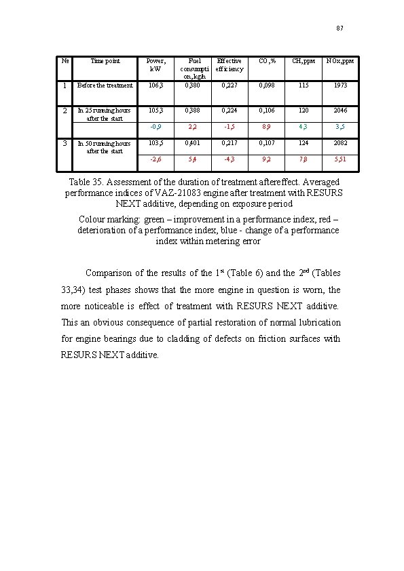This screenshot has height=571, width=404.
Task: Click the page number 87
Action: coord(340,28)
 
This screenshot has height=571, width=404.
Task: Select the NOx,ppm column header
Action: coord(339,61)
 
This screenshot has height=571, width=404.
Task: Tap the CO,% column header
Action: coord(267,61)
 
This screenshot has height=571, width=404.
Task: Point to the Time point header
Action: coord(105,61)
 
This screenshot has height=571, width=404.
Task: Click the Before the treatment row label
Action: coord(105,85)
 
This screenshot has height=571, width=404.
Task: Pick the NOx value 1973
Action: coord(339,85)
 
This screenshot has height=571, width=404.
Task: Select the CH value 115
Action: coord(303,85)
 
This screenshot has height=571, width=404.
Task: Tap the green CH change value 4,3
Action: coord(303,126)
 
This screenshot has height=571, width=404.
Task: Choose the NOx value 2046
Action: coord(339,110)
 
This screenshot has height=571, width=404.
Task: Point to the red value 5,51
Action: coord(339,159)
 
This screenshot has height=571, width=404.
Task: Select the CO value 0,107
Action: coord(267,143)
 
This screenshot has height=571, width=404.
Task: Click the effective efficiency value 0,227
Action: coord(229,85)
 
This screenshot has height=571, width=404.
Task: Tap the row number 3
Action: coord(65,143)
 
